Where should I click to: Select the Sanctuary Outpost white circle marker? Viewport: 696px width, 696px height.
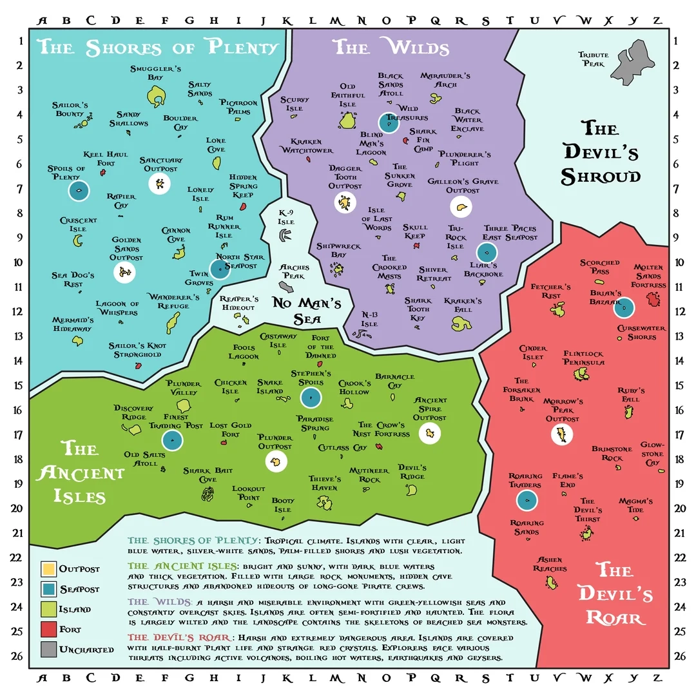(159, 184)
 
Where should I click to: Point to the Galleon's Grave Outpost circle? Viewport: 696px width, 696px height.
(461, 206)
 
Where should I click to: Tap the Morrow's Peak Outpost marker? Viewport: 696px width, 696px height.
(563, 434)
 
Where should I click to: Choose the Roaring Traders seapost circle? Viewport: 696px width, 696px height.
(527, 500)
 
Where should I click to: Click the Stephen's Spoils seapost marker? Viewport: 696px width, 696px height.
(311, 398)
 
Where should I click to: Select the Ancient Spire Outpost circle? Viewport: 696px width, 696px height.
(429, 433)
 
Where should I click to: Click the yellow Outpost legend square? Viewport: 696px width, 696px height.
(48, 569)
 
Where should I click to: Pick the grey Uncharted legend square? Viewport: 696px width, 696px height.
(48, 649)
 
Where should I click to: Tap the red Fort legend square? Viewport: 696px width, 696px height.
(48, 629)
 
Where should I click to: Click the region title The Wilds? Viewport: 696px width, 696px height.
(390, 47)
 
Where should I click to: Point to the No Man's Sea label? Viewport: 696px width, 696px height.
(306, 311)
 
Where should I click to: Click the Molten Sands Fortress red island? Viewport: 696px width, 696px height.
(653, 299)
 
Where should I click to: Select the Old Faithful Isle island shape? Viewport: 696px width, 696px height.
(348, 120)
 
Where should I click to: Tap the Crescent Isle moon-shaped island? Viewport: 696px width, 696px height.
(79, 240)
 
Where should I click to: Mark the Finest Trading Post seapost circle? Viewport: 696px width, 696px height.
(173, 440)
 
